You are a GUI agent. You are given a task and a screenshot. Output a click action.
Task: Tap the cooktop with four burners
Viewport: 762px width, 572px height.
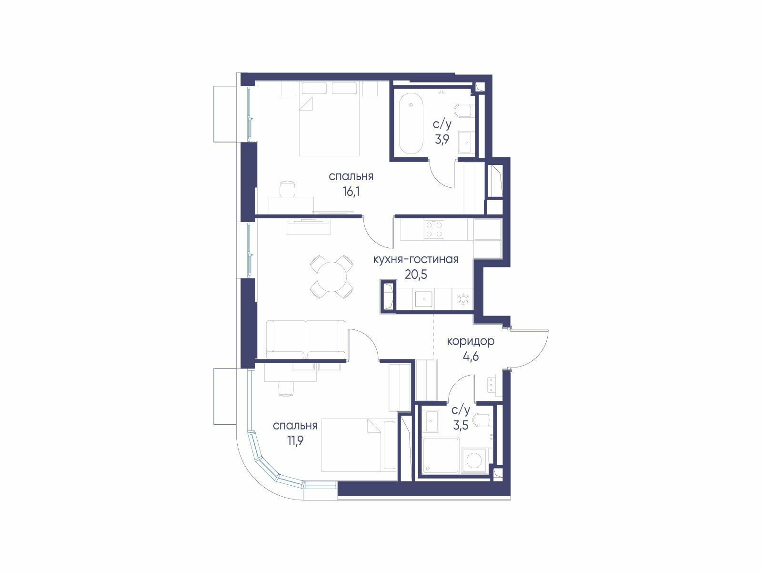(x=434, y=229)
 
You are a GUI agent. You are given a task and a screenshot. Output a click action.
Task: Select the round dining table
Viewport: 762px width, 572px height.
(x=331, y=276)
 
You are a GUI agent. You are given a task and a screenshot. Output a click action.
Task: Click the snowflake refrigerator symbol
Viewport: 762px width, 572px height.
(x=463, y=299)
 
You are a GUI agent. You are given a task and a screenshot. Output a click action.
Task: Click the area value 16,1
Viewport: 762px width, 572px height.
(x=351, y=191)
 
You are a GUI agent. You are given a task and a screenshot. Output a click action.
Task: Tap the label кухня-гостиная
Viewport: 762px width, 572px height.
(x=416, y=259)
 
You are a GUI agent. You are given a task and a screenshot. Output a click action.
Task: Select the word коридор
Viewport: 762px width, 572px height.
(x=471, y=342)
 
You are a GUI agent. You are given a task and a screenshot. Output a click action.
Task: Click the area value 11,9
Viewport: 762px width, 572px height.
(x=295, y=441)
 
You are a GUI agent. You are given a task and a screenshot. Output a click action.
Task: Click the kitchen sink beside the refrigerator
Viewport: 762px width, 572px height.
(x=423, y=299)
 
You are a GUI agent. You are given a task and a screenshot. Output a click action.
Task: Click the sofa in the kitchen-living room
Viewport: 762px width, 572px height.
(x=306, y=340)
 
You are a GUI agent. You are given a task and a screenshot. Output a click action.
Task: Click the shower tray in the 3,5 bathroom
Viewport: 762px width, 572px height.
(x=441, y=455)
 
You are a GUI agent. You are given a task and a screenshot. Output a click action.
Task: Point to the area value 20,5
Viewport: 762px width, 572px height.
(x=416, y=275)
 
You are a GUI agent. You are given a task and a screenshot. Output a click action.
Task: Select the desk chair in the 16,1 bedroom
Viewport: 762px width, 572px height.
(x=288, y=189)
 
